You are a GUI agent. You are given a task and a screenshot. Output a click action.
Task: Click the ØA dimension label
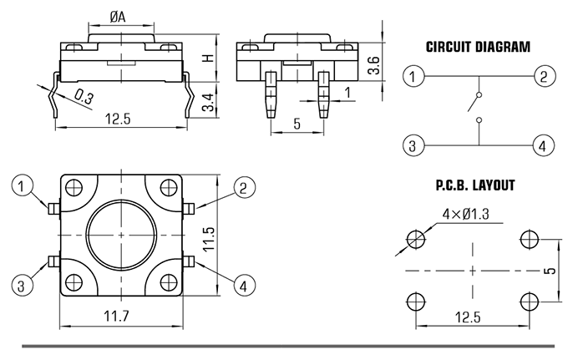118,17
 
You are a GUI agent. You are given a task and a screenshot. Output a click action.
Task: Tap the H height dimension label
209,58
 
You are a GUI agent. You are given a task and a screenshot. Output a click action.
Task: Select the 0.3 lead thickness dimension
84,97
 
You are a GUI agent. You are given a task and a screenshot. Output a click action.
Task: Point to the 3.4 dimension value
208,102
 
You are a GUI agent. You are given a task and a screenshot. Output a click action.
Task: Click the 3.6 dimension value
373,65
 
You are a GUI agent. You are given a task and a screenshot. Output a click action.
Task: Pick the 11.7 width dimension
116,317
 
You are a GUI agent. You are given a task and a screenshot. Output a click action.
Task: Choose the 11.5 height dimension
209,240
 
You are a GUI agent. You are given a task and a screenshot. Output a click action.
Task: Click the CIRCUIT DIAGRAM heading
478,47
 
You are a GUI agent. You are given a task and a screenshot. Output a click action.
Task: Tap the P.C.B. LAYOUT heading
475,185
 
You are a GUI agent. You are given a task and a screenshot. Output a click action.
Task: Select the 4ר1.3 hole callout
465,214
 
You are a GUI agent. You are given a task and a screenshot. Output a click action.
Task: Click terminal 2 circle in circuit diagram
545,76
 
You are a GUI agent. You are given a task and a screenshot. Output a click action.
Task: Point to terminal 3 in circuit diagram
413,145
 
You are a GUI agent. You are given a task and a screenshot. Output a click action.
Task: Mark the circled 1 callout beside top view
22,186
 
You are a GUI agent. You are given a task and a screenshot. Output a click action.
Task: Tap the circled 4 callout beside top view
244,286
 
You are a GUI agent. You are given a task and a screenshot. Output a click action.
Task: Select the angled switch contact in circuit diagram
474,102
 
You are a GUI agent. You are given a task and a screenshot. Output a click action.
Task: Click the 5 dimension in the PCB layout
550,271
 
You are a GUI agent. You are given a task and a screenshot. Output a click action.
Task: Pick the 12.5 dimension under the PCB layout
468,317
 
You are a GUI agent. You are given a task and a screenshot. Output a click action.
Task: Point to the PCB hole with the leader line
416,240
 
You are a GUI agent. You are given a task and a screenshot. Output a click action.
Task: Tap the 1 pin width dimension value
347,92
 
